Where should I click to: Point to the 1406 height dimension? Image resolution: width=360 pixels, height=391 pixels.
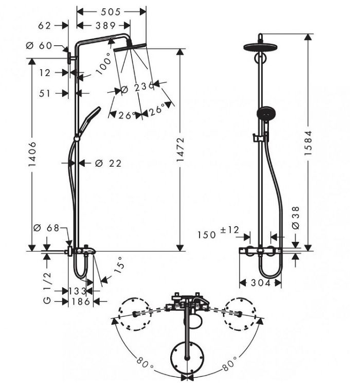32,153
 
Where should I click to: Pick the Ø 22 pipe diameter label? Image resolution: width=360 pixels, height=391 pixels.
108,163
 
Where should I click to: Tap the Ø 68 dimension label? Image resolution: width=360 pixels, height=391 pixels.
47,227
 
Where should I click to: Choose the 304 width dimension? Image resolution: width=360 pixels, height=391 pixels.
261,282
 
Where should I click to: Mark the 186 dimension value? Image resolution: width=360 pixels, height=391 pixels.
81,301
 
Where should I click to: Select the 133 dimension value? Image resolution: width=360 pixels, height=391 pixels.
78,291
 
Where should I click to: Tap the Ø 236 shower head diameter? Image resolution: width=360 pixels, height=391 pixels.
137,88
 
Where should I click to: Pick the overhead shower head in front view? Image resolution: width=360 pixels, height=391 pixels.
261,46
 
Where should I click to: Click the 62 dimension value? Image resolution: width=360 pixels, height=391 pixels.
45,25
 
